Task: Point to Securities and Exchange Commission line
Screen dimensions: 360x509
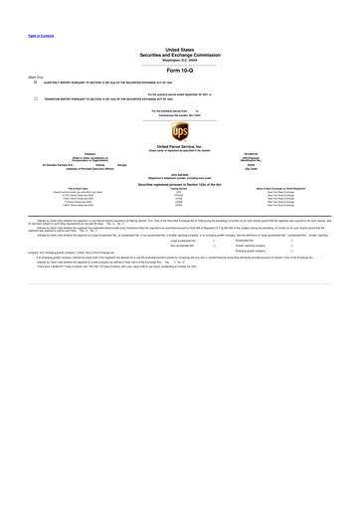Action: tap(180, 53)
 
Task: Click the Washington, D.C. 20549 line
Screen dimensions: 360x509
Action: tap(180, 58)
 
